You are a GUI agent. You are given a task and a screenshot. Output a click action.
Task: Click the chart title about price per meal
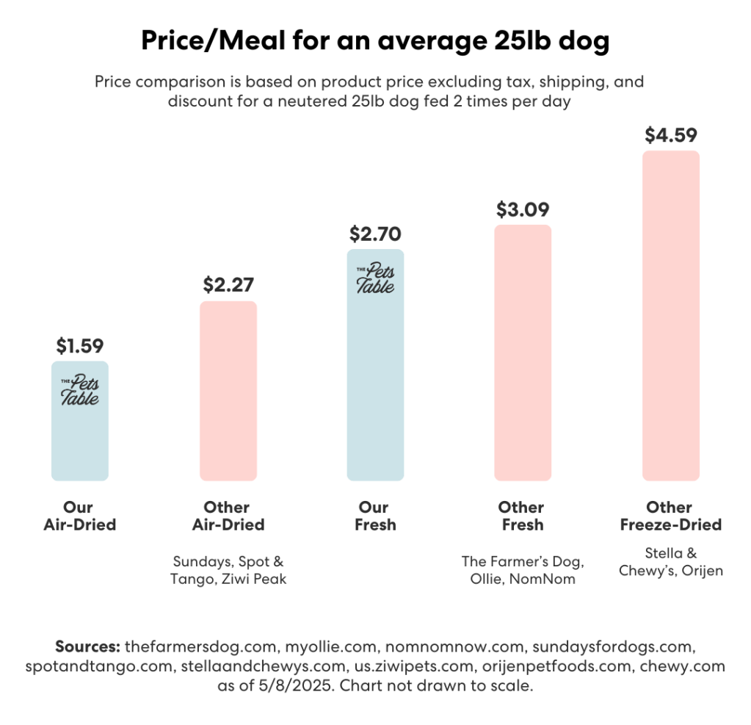(375, 43)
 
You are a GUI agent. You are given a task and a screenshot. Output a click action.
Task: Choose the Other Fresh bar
(523, 353)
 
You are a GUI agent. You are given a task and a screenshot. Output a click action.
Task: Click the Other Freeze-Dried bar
(670, 316)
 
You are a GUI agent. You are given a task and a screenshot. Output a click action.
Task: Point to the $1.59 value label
(80, 345)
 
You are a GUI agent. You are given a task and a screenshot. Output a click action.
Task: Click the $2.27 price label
(228, 284)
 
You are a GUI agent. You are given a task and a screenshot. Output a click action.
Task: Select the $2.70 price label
(375, 234)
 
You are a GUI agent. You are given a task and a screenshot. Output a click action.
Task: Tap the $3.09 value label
(523, 209)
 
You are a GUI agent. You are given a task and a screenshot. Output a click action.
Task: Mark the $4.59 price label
(670, 135)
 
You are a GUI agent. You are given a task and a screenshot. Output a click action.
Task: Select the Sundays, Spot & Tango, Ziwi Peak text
(228, 571)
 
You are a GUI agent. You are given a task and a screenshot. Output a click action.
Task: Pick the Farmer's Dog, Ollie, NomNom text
(523, 571)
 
